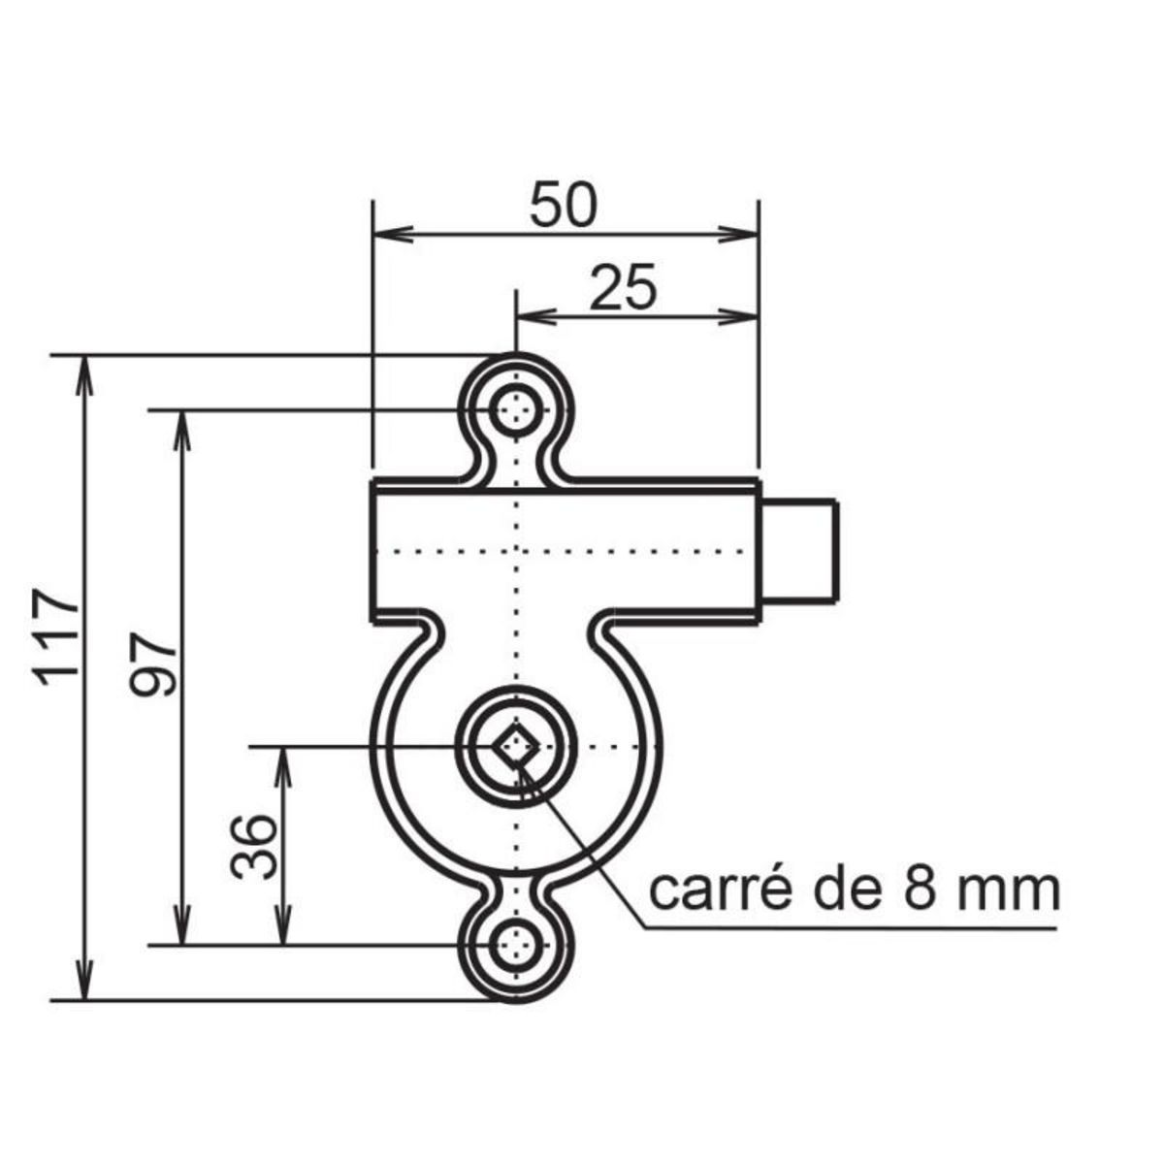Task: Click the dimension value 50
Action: click(564, 206)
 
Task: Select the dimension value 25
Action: click(623, 288)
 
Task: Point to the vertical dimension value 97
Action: click(153, 665)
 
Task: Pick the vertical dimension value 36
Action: click(254, 846)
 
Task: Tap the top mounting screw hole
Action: click(516, 410)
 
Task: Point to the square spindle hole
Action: click(516, 746)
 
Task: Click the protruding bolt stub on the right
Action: click(798, 550)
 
